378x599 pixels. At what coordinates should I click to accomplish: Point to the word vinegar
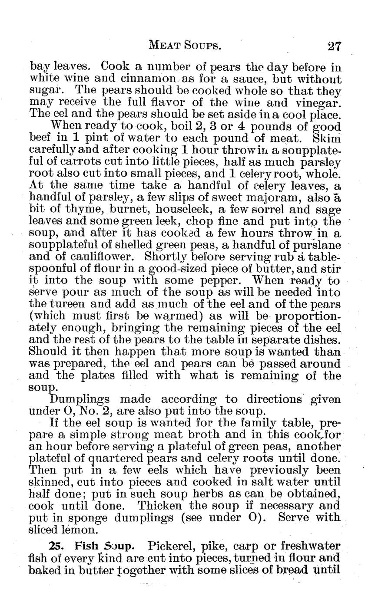318,103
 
